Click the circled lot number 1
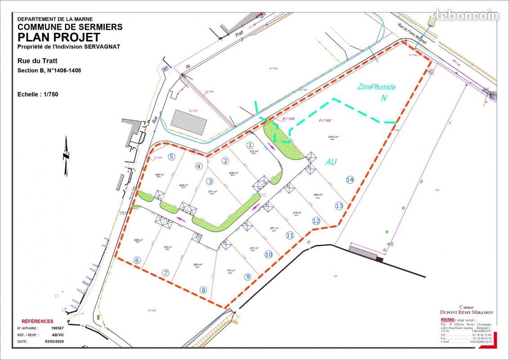[250, 145]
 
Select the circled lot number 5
[171, 157]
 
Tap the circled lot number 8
[203, 290]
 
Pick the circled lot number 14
[350, 180]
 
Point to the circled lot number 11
[290, 235]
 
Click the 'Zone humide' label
[376, 87]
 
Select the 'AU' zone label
[331, 162]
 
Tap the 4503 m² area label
[333, 137]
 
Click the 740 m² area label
[229, 271]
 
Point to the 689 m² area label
[138, 241]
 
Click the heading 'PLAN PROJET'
[59, 37]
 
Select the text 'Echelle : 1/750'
[38, 94]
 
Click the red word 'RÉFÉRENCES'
[37, 321]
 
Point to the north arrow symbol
[66, 156]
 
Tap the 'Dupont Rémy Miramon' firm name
[466, 312]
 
